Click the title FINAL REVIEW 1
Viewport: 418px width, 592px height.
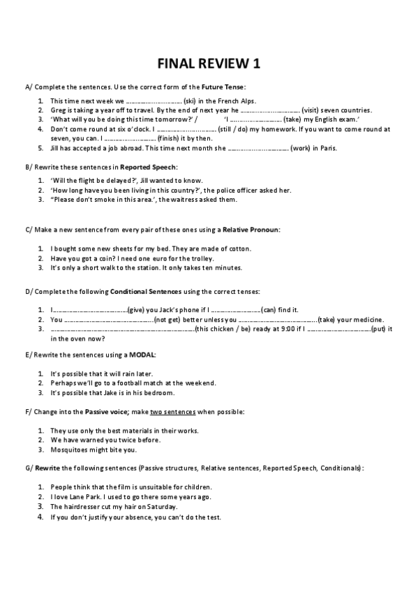pyautogui.click(x=209, y=64)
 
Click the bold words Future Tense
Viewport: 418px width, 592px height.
pyautogui.click(x=223, y=87)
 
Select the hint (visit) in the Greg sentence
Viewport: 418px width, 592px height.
pyautogui.click(x=313, y=110)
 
